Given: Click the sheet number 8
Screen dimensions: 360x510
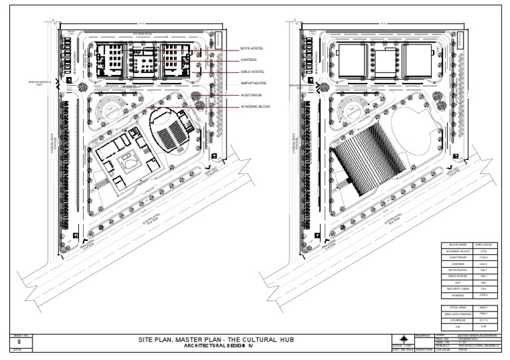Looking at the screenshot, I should (18, 341).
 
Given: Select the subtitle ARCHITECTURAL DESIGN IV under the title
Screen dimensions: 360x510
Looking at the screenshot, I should (218, 346).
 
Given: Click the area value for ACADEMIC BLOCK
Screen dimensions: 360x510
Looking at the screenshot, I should (483, 252).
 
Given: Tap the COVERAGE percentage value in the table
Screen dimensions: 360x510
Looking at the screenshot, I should (483, 321).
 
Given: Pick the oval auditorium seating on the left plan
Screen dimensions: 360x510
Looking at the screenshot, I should (173, 136).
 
